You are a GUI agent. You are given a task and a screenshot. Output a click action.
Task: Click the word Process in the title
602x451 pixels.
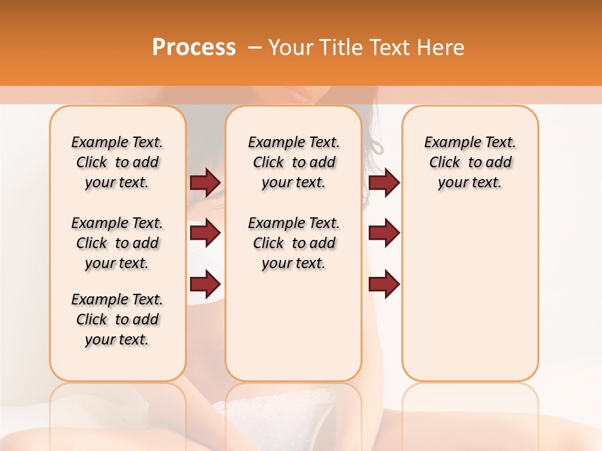pyautogui.click(x=194, y=48)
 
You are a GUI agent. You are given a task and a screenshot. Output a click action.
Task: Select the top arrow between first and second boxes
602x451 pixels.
pyautogui.click(x=205, y=182)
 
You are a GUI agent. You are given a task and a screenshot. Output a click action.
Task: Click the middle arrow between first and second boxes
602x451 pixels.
pyautogui.click(x=205, y=233)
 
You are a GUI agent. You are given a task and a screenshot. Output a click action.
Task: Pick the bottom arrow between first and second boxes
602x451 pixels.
pyautogui.click(x=205, y=284)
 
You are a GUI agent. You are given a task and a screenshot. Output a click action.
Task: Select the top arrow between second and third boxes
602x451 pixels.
pyautogui.click(x=384, y=182)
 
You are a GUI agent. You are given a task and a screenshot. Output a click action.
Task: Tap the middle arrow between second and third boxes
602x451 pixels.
pyautogui.click(x=384, y=233)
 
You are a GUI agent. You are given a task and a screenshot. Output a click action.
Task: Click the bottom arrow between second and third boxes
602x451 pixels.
pyautogui.click(x=384, y=284)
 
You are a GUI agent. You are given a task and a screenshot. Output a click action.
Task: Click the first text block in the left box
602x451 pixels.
pyautogui.click(x=117, y=162)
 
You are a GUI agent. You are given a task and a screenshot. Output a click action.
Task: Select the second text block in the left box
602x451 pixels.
pyautogui.click(x=117, y=243)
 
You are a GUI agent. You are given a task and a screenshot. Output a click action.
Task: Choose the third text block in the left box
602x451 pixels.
pyautogui.click(x=117, y=319)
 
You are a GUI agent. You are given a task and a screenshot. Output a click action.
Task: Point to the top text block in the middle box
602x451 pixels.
pyautogui.click(x=293, y=162)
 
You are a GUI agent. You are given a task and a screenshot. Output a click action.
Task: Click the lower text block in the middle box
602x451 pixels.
pyautogui.click(x=293, y=243)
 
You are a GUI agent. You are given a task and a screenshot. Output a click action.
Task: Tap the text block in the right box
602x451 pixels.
pyautogui.click(x=470, y=162)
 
